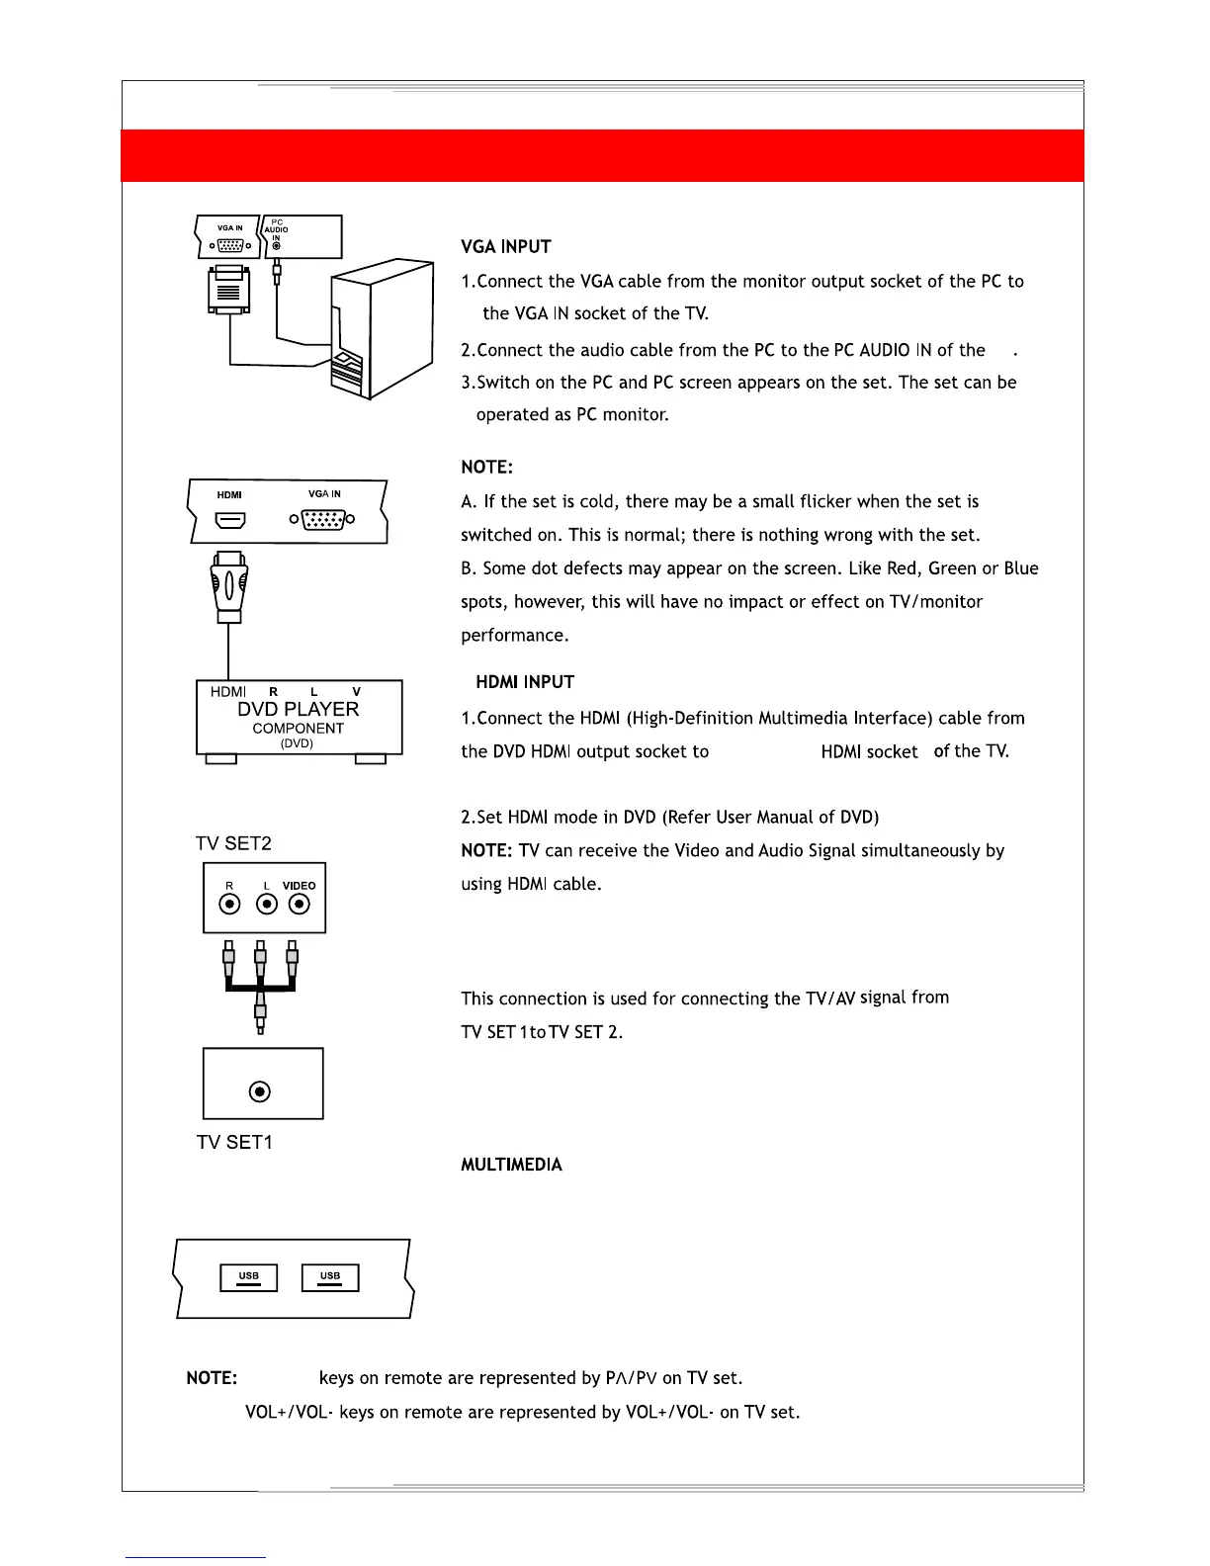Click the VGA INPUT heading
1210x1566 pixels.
[505, 246]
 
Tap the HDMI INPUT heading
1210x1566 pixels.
[524, 682]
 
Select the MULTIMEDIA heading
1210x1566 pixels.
[511, 1165]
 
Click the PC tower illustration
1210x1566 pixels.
[382, 328]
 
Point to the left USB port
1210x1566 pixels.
[248, 1277]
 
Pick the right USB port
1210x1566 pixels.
[330, 1277]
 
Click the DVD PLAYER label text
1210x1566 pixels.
[298, 710]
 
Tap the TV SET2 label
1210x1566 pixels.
[233, 843]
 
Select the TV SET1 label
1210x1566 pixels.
[234, 1142]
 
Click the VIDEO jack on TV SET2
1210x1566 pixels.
[299, 904]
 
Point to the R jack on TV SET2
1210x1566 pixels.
[229, 904]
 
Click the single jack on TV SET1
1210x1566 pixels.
[259, 1091]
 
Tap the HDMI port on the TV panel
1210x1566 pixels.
[229, 519]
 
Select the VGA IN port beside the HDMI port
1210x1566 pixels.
[321, 518]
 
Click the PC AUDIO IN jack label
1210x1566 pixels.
[277, 230]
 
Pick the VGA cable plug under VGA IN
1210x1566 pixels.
[228, 292]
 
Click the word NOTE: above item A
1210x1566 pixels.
[486, 467]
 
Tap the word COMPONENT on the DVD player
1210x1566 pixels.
[298, 729]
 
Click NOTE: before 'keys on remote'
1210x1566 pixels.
[212, 1378]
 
